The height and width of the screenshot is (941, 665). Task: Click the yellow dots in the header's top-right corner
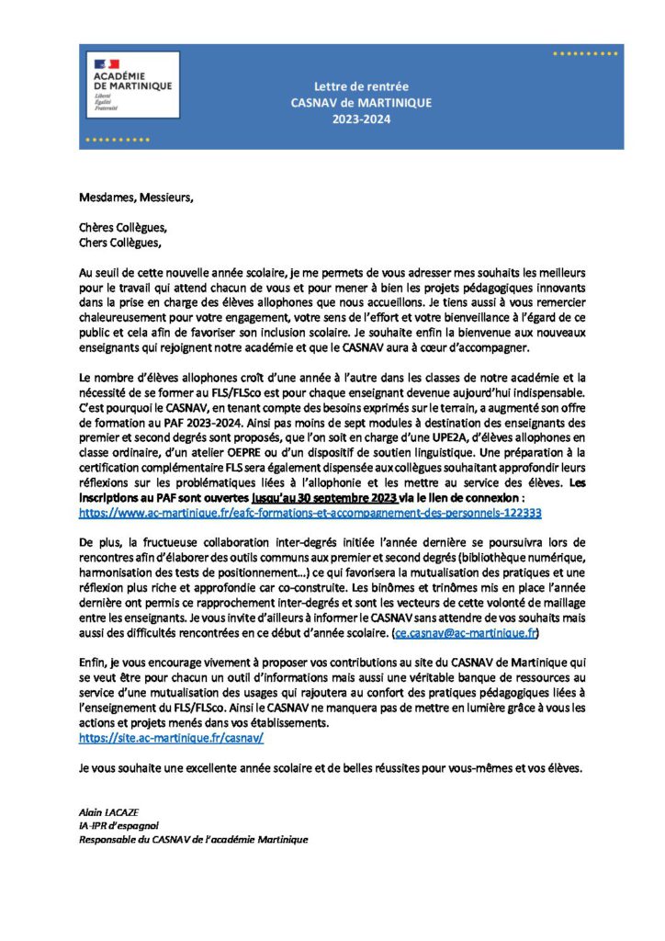click(x=584, y=54)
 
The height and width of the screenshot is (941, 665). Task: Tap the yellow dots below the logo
click(x=117, y=140)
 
